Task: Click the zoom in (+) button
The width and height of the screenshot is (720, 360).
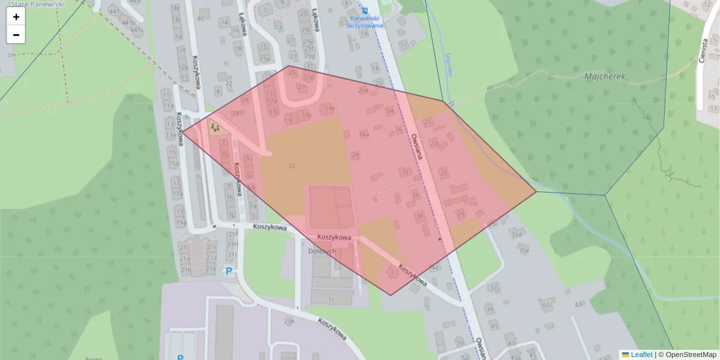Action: (x=16, y=17)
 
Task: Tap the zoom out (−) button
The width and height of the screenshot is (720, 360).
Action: (x=16, y=35)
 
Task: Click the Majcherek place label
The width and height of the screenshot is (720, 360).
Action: (x=605, y=77)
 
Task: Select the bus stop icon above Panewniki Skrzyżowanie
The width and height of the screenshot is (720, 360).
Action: (x=364, y=10)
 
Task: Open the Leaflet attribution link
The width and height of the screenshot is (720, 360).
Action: (x=641, y=355)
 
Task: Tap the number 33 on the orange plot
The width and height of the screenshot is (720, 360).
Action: (x=292, y=166)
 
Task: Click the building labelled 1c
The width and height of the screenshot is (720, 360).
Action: (x=331, y=298)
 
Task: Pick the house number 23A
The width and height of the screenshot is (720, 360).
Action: (x=289, y=322)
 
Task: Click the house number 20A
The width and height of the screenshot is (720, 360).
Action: (x=362, y=91)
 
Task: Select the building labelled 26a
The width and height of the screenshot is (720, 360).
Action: (x=364, y=134)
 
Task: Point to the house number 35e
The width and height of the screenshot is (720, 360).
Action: (x=524, y=250)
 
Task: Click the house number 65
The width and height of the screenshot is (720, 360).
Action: (x=546, y=305)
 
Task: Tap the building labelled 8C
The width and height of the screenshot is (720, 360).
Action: (x=201, y=19)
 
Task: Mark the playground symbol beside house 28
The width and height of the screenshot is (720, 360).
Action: (x=214, y=127)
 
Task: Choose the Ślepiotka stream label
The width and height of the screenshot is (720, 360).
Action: (x=449, y=65)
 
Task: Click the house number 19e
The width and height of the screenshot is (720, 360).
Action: (x=329, y=109)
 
